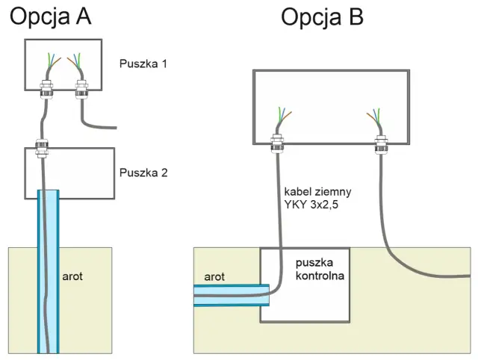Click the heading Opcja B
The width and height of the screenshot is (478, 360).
tap(322, 18)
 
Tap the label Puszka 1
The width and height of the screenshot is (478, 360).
tap(143, 63)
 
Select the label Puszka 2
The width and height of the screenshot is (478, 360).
tap(143, 173)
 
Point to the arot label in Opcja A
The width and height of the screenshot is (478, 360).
tap(72, 276)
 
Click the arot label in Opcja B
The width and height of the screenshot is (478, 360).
tap(214, 277)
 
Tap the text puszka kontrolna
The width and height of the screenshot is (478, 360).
tap(320, 269)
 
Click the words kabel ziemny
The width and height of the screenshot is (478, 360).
tap(317, 191)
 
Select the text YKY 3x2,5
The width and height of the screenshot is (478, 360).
tap(311, 205)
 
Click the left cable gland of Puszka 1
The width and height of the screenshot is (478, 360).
tap(46, 89)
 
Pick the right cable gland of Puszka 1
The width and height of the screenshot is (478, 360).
tap(81, 89)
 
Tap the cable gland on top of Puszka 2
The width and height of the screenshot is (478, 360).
tap(42, 149)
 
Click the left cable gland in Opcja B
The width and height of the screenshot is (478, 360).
tap(277, 143)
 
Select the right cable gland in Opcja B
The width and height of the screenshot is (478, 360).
tap(382, 144)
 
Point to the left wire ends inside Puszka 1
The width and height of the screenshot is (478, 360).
tap(53, 61)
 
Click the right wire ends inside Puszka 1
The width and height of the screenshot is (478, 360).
tap(75, 61)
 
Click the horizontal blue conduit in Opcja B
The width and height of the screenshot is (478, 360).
tap(232, 295)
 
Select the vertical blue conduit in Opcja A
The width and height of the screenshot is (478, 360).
tap(48, 271)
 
